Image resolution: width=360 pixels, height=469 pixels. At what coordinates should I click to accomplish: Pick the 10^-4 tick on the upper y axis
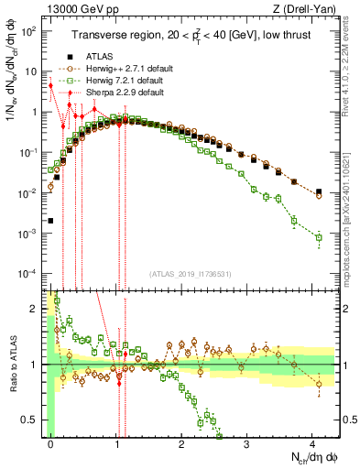29,274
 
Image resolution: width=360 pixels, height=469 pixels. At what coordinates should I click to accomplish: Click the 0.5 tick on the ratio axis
31,420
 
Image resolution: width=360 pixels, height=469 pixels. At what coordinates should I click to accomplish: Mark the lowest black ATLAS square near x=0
50,221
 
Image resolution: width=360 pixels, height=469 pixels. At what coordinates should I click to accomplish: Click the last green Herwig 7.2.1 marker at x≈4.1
319,237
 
